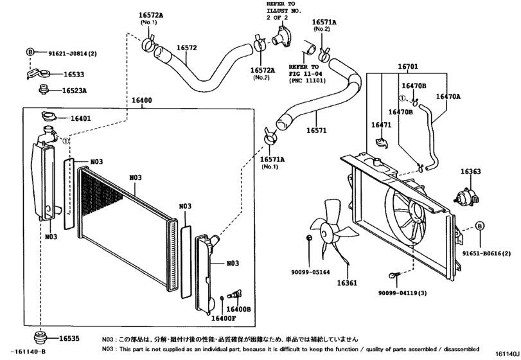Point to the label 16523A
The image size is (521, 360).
pyautogui.click(x=75, y=91)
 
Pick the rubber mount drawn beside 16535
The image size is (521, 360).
pyautogui.click(x=40, y=338)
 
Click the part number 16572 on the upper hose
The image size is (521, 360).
pyautogui.click(x=186, y=48)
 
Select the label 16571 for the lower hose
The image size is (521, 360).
pyautogui.click(x=316, y=130)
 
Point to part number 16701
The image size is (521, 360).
pyautogui.click(x=407, y=66)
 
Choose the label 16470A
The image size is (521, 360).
pyautogui.click(x=448, y=96)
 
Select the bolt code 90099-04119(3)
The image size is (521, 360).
pyautogui.click(x=403, y=293)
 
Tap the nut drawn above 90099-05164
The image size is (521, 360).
pyautogui.click(x=310, y=239)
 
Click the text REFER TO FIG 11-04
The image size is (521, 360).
pyautogui.click(x=304, y=73)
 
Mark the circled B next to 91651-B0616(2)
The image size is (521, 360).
pyautogui.click(x=479, y=226)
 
